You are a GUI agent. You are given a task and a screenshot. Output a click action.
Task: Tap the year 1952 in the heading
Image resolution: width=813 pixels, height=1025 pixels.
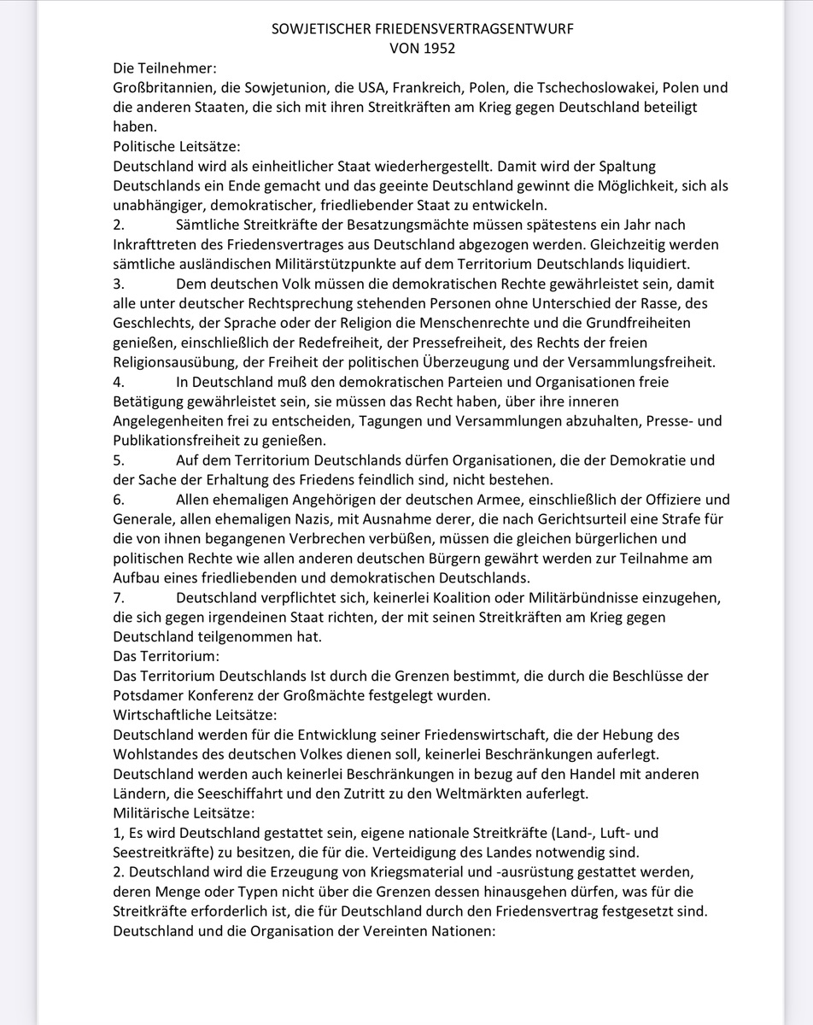click(x=438, y=49)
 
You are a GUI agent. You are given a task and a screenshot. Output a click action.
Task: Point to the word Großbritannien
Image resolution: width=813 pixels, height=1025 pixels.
click(x=161, y=88)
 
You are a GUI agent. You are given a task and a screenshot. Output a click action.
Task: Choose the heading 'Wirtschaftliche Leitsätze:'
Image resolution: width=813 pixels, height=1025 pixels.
click(x=195, y=715)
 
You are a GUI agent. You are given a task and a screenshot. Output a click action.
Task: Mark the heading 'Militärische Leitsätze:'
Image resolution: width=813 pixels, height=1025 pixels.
click(x=184, y=812)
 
